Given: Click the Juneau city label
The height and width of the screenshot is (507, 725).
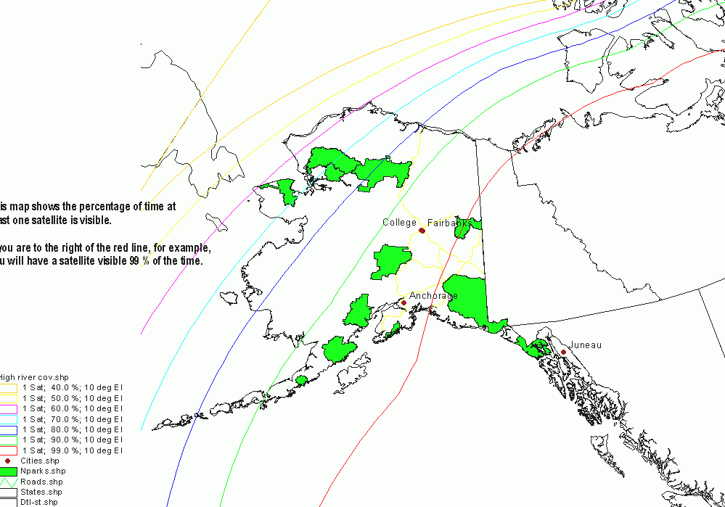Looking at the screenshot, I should click(x=585, y=345).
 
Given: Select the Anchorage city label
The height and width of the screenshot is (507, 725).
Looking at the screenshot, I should click(x=433, y=296).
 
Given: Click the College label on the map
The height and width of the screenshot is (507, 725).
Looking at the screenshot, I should click(x=400, y=223).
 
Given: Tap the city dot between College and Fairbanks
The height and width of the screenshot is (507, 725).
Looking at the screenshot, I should click(x=422, y=231).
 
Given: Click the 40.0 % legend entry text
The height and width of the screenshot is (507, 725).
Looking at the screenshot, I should click(x=73, y=388).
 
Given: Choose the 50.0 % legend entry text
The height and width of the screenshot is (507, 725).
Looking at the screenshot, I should click(x=73, y=398).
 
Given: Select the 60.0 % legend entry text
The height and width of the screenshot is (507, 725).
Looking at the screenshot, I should click(x=73, y=408).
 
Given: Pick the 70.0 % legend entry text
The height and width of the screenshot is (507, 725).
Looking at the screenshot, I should click(x=73, y=419).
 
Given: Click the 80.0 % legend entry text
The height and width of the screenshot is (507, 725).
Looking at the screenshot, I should click(x=73, y=429).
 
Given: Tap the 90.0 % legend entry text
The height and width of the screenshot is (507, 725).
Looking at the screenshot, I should click(x=73, y=440).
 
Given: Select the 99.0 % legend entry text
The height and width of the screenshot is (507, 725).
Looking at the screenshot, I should click(x=73, y=450).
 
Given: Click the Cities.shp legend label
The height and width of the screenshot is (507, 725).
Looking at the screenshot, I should click(x=40, y=461).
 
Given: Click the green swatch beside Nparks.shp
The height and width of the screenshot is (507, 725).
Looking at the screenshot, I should click(x=8, y=471).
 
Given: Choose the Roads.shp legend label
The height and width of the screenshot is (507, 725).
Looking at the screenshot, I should click(x=41, y=482).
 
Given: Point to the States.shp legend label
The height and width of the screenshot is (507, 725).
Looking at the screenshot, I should click(x=41, y=492).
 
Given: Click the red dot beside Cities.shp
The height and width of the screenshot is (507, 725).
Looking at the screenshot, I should click(x=8, y=461).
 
